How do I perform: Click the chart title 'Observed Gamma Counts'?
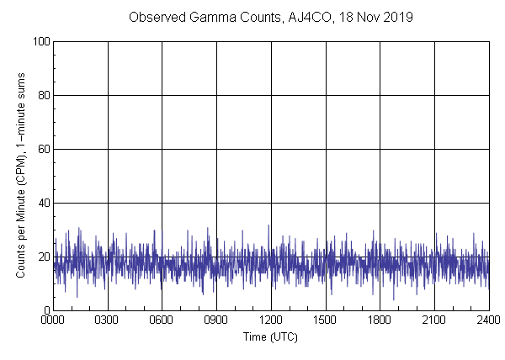[x=197, y=17]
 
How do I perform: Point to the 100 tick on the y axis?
[x=40, y=41]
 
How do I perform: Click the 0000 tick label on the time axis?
[x=54, y=320]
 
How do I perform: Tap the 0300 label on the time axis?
[x=108, y=320]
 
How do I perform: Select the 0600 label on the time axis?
[x=162, y=320]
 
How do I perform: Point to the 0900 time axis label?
[x=216, y=320]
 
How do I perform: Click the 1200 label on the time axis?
[x=271, y=320]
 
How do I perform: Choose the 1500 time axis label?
[x=326, y=320]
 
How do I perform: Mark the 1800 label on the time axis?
[x=380, y=320]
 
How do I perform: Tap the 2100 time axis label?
[x=434, y=320]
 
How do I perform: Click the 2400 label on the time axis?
[x=488, y=320]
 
